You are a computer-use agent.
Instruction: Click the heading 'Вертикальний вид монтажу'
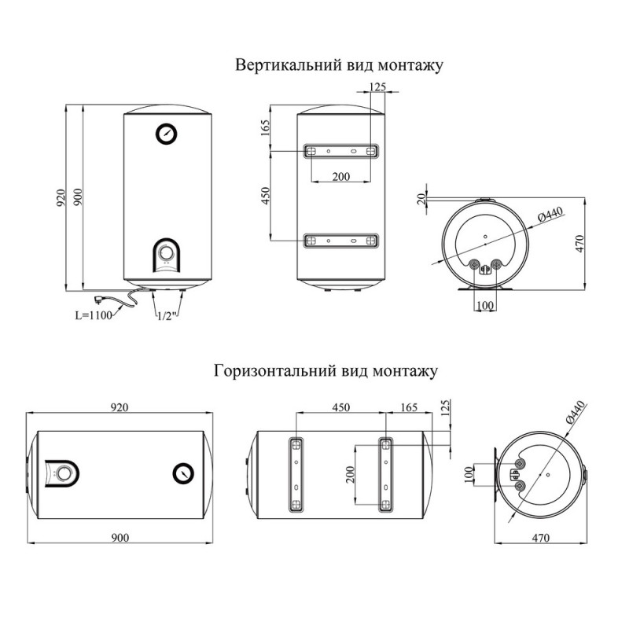coord(339,65)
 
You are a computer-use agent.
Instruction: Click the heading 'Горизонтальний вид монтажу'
coord(326,371)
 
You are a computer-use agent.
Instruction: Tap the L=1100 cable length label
coord(94,315)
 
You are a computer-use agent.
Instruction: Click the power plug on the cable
coord(97,300)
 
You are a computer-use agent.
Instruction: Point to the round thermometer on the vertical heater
coord(167,134)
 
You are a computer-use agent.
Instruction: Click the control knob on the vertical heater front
coord(166,252)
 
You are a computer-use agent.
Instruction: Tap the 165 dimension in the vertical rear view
coord(266,128)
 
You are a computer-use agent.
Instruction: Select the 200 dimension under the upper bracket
coord(341,176)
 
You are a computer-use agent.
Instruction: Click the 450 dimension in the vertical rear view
coord(266,196)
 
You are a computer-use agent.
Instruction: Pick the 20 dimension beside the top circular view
coord(421,199)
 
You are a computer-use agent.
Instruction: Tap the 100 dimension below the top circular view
coord(485,306)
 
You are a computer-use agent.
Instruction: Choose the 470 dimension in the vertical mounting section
coord(580,244)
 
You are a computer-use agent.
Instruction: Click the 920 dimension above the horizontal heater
coord(120,407)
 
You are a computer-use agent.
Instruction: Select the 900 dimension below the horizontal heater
coord(120,538)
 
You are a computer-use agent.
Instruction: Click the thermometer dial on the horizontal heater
coord(183,473)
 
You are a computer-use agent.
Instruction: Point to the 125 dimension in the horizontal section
coord(445,407)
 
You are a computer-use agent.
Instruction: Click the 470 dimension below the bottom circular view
coord(540,538)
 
